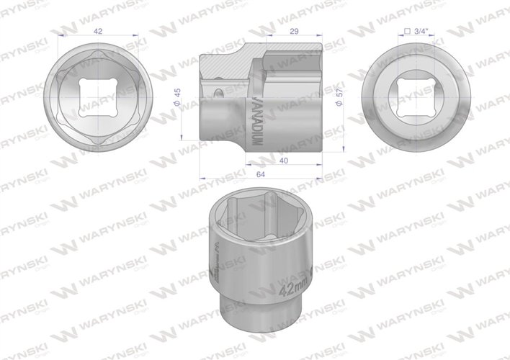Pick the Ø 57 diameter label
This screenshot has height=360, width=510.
point(339,99)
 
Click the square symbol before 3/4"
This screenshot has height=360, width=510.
point(408,32)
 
